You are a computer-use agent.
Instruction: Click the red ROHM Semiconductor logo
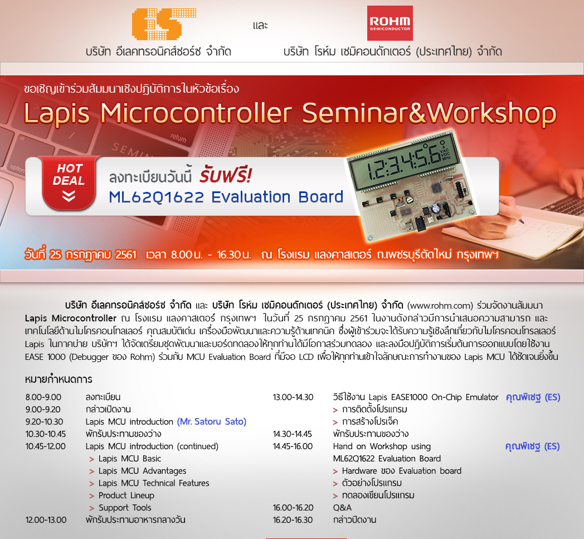pyautogui.click(x=390, y=23)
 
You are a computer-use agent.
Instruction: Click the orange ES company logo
pyautogui.click(x=164, y=24)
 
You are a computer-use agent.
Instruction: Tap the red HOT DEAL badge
pyautogui.click(x=69, y=182)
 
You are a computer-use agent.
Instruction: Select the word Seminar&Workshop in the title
pyautogui.click(x=429, y=113)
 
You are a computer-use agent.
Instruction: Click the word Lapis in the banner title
pyautogui.click(x=57, y=114)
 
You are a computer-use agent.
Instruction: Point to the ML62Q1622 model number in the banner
pyautogui.click(x=157, y=197)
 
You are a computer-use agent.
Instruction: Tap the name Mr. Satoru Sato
pyautogui.click(x=212, y=421)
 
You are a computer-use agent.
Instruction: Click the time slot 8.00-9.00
pyautogui.click(x=43, y=397)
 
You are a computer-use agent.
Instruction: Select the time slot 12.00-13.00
pyautogui.click(x=46, y=519)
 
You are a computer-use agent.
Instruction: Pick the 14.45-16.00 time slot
pyautogui.click(x=293, y=446)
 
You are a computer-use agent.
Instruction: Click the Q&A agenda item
pyautogui.click(x=342, y=508)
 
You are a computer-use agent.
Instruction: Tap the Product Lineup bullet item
pyautogui.click(x=126, y=495)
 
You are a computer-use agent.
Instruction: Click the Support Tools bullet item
pyautogui.click(x=125, y=508)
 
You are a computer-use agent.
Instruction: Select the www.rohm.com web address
pyautogui.click(x=440, y=306)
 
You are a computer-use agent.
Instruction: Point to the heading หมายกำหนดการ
pyautogui.click(x=59, y=379)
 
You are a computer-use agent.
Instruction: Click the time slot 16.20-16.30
pyautogui.click(x=293, y=519)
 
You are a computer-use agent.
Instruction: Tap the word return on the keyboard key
pyautogui.click(x=178, y=138)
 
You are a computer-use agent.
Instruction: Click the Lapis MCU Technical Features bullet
pyautogui.click(x=154, y=483)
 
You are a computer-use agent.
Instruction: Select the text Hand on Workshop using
pyautogui.click(x=382, y=446)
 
